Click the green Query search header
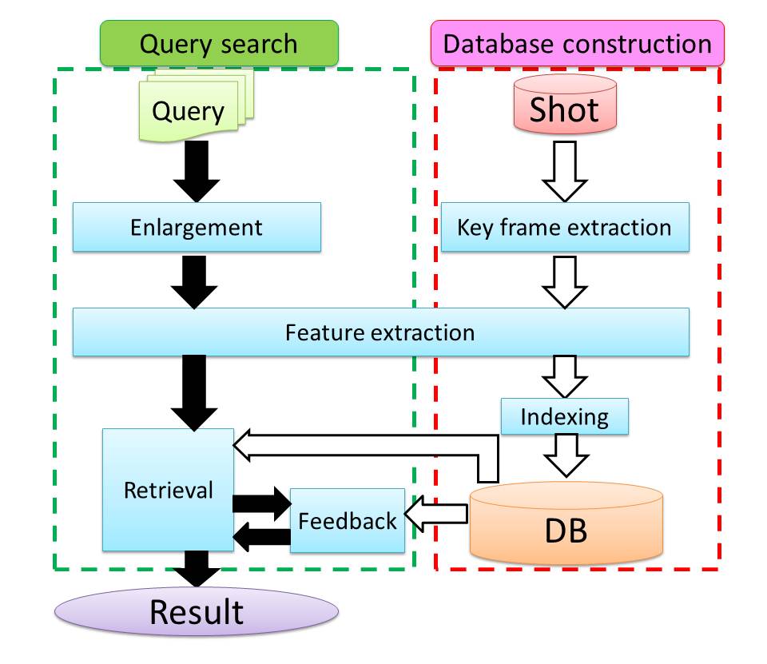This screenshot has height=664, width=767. pos(219,43)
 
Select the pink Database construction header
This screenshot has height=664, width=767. pos(577,43)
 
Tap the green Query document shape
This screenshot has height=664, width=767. pos(197,105)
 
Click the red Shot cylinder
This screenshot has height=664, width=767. pos(565,104)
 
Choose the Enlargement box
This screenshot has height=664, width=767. pos(197,227)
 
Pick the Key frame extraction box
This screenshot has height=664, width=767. pos(565,227)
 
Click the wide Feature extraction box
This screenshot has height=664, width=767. pos(380,332)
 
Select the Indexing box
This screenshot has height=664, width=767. pos(565,416)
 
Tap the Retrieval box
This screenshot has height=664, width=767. pos(168,490)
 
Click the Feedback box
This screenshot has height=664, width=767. pos(348,521)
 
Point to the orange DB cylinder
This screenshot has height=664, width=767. pos(566,523)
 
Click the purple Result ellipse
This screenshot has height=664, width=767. pos(197,611)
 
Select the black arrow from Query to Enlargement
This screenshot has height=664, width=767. pos(197,171)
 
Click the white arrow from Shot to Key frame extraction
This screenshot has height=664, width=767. pos(565,171)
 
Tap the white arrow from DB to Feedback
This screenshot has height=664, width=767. pos(436,514)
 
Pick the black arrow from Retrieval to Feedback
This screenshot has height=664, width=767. pos(262,503)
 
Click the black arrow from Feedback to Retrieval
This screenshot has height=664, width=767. pos(262,537)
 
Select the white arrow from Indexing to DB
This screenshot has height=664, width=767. pos(566,455)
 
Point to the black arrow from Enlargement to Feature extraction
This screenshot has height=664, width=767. pos(194,282)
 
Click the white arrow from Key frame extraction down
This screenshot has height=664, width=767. pos(565,282)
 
